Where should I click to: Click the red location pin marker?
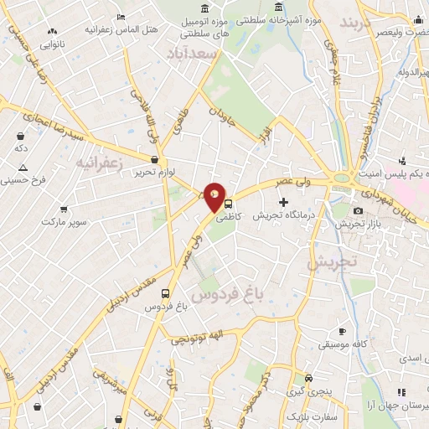tap(215, 197)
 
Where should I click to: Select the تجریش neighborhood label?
tap(331, 262)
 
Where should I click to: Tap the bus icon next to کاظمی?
tap(228, 204)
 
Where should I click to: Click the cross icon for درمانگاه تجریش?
tap(283, 202)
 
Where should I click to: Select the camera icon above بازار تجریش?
tap(358, 210)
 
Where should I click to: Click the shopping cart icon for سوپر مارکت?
tap(64, 209)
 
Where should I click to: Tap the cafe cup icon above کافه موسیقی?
tap(341, 332)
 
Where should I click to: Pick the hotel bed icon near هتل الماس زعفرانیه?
tap(121, 17)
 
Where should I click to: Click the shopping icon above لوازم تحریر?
tap(154, 159)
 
